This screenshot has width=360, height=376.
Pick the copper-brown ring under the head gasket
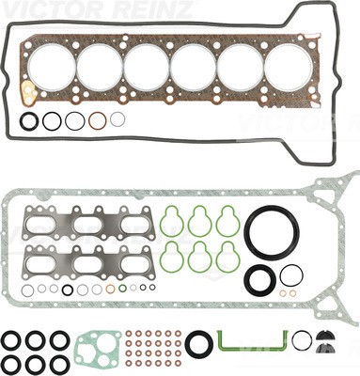(97, 120)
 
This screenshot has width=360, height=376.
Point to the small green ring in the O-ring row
(123, 288)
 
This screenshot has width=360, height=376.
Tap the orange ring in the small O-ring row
(110, 289)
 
